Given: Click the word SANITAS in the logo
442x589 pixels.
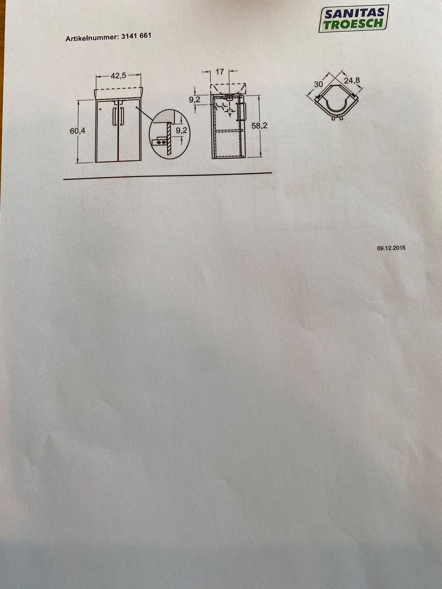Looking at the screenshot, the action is [x=354, y=14].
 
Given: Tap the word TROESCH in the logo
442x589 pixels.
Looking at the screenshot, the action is [x=353, y=24].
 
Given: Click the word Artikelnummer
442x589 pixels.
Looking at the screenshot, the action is [x=92, y=38].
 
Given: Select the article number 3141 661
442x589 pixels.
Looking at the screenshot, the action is [x=136, y=36].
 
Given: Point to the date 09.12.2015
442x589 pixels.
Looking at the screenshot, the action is [x=391, y=248].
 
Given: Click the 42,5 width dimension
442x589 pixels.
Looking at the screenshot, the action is [x=118, y=76].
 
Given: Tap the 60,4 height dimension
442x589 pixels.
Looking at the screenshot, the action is [x=78, y=131].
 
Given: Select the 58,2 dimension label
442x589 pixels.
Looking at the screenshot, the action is [x=259, y=126].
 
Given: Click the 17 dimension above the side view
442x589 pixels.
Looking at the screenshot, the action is [x=219, y=72].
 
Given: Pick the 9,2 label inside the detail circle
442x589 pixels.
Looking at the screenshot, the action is [x=181, y=131].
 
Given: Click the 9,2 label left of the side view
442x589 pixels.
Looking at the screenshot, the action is [x=195, y=100].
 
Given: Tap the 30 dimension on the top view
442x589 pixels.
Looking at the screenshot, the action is [x=318, y=84].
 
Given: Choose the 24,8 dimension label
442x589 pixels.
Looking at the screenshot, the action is [x=352, y=81].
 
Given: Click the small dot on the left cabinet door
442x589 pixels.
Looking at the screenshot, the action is [x=100, y=110].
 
